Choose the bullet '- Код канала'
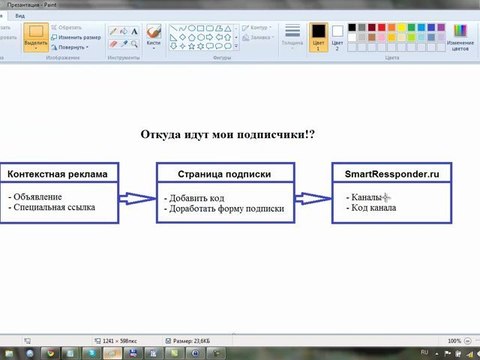pos(371,209)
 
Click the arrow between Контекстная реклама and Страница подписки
pos(137,197)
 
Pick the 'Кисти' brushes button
pos(153,37)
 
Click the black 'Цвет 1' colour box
pos(318,37)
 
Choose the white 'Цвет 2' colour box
pos(338,37)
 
